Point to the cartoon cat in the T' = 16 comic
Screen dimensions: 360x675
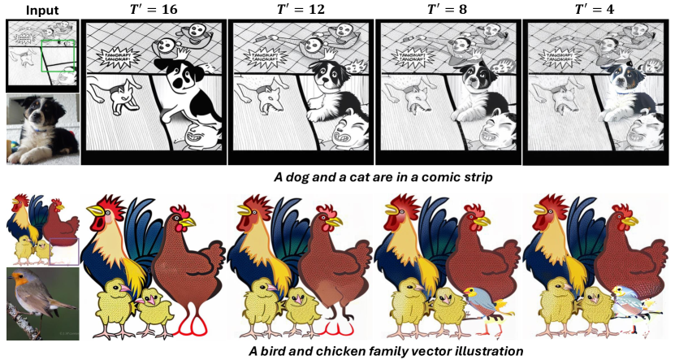115,95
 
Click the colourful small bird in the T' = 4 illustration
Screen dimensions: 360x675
630,300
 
